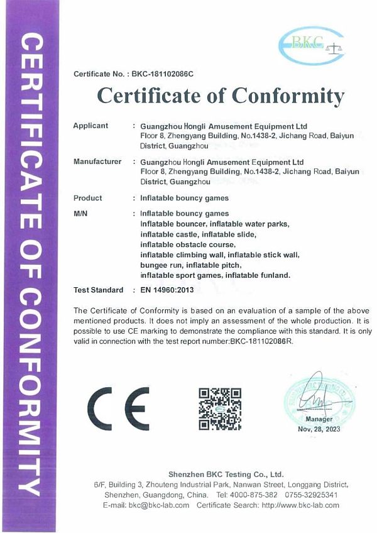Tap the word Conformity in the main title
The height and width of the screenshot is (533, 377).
coord(288,96)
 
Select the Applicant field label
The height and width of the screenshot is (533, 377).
coord(91,126)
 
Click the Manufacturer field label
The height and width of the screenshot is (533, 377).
coord(97,162)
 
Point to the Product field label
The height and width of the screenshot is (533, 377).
coord(88,198)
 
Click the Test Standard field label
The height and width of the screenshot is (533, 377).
coord(99,290)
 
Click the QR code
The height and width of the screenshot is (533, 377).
coord(220,409)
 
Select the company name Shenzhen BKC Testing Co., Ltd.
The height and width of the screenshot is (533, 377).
coord(226,474)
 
